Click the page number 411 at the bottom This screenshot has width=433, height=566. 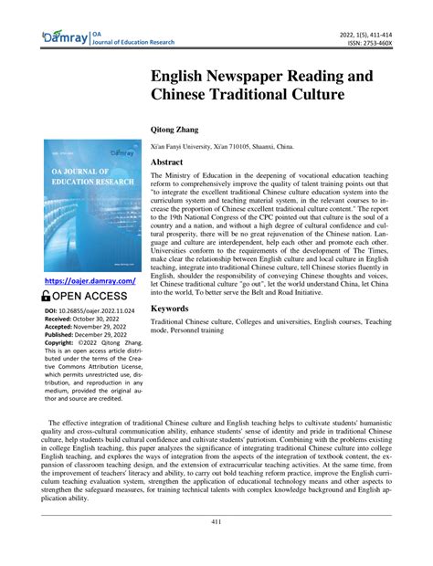pyautogui.click(x=216, y=548)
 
